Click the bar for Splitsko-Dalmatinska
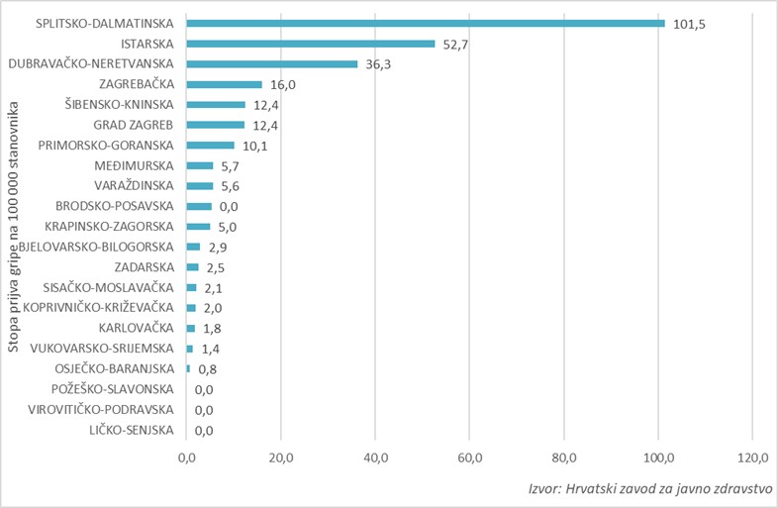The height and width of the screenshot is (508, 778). point(426,23)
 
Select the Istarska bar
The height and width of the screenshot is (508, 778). point(311,44)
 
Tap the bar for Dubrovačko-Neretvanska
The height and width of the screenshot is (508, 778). point(272,64)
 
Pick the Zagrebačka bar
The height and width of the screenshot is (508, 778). point(225,84)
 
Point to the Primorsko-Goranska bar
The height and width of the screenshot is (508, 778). point(211,146)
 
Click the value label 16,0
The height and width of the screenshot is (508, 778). point(282,85)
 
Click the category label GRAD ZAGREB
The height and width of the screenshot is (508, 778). point(134,125)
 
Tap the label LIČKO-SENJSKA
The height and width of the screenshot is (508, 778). point(130,430)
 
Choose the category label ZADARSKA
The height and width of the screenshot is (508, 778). point(144,267)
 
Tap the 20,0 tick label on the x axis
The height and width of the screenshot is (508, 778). point(281,457)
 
